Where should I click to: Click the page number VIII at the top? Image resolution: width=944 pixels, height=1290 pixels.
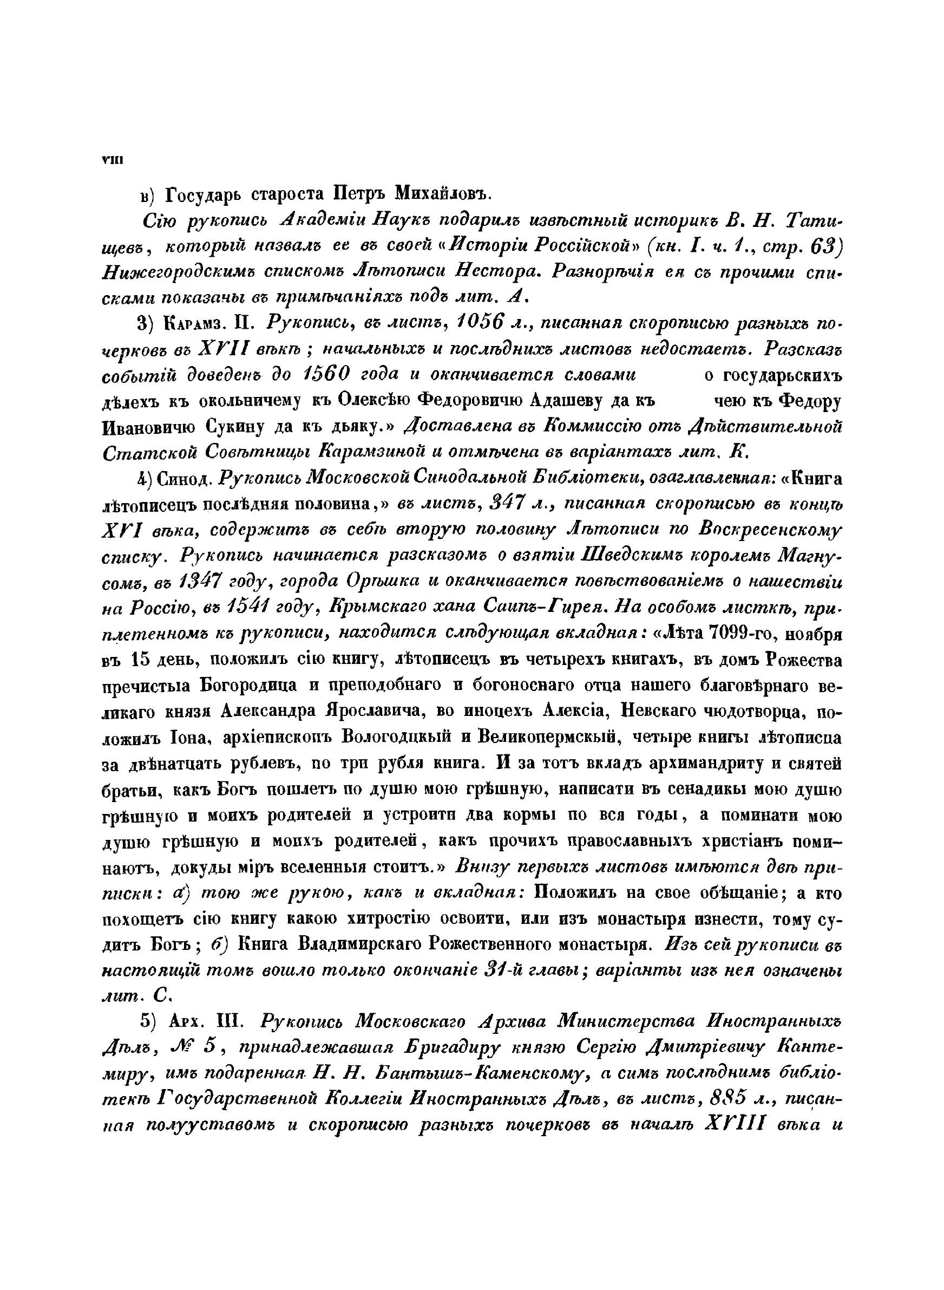click(x=110, y=161)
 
